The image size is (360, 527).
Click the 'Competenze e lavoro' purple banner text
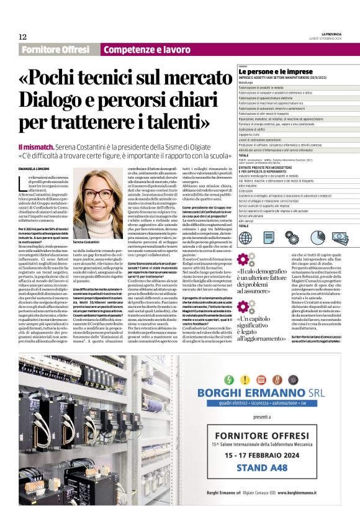(146, 50)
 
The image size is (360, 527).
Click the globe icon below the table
(245, 237)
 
